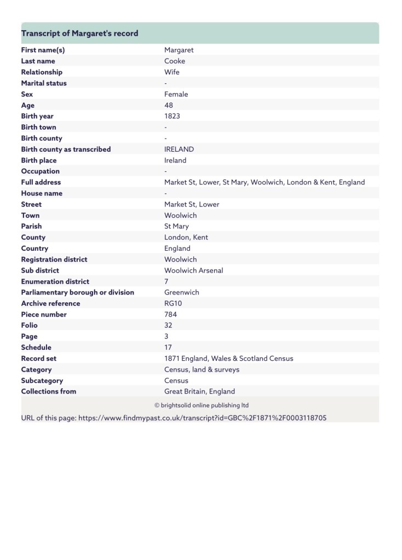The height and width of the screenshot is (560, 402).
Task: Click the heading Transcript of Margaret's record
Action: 79,33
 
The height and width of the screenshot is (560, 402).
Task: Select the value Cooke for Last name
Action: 175,61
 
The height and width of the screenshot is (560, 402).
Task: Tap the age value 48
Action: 169,105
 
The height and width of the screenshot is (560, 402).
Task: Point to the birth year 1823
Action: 172,116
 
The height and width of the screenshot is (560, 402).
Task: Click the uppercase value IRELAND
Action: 179,149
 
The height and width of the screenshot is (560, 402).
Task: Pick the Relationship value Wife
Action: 171,72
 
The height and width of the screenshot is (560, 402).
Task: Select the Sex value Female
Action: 176,94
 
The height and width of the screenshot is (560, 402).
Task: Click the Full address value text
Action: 264,182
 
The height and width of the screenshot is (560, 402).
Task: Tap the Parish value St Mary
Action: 176,226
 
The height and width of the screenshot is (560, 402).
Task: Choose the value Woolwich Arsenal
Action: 193,270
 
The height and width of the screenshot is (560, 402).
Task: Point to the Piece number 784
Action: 170,314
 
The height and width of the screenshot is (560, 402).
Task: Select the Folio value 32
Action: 169,325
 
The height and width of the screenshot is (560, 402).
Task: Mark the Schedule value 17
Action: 168,347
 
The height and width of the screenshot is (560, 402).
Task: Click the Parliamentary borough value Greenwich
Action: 181,292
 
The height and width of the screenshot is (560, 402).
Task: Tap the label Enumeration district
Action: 55,281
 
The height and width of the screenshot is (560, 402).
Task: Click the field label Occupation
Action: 41,171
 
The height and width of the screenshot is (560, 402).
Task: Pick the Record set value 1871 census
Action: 228,359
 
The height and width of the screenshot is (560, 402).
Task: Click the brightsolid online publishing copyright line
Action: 201,406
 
